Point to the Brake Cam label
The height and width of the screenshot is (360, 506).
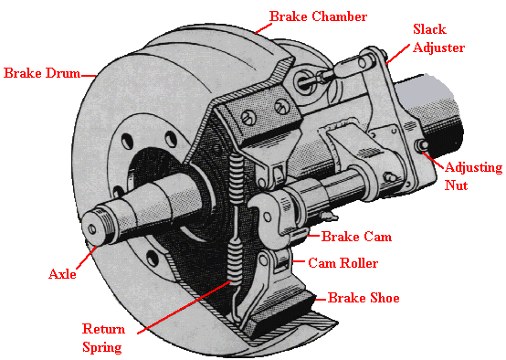[357, 237]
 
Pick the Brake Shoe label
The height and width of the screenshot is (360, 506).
[364, 298]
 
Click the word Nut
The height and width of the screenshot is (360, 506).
[457, 185]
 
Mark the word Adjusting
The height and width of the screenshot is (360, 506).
[470, 167]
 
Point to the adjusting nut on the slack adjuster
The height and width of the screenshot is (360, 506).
[424, 146]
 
